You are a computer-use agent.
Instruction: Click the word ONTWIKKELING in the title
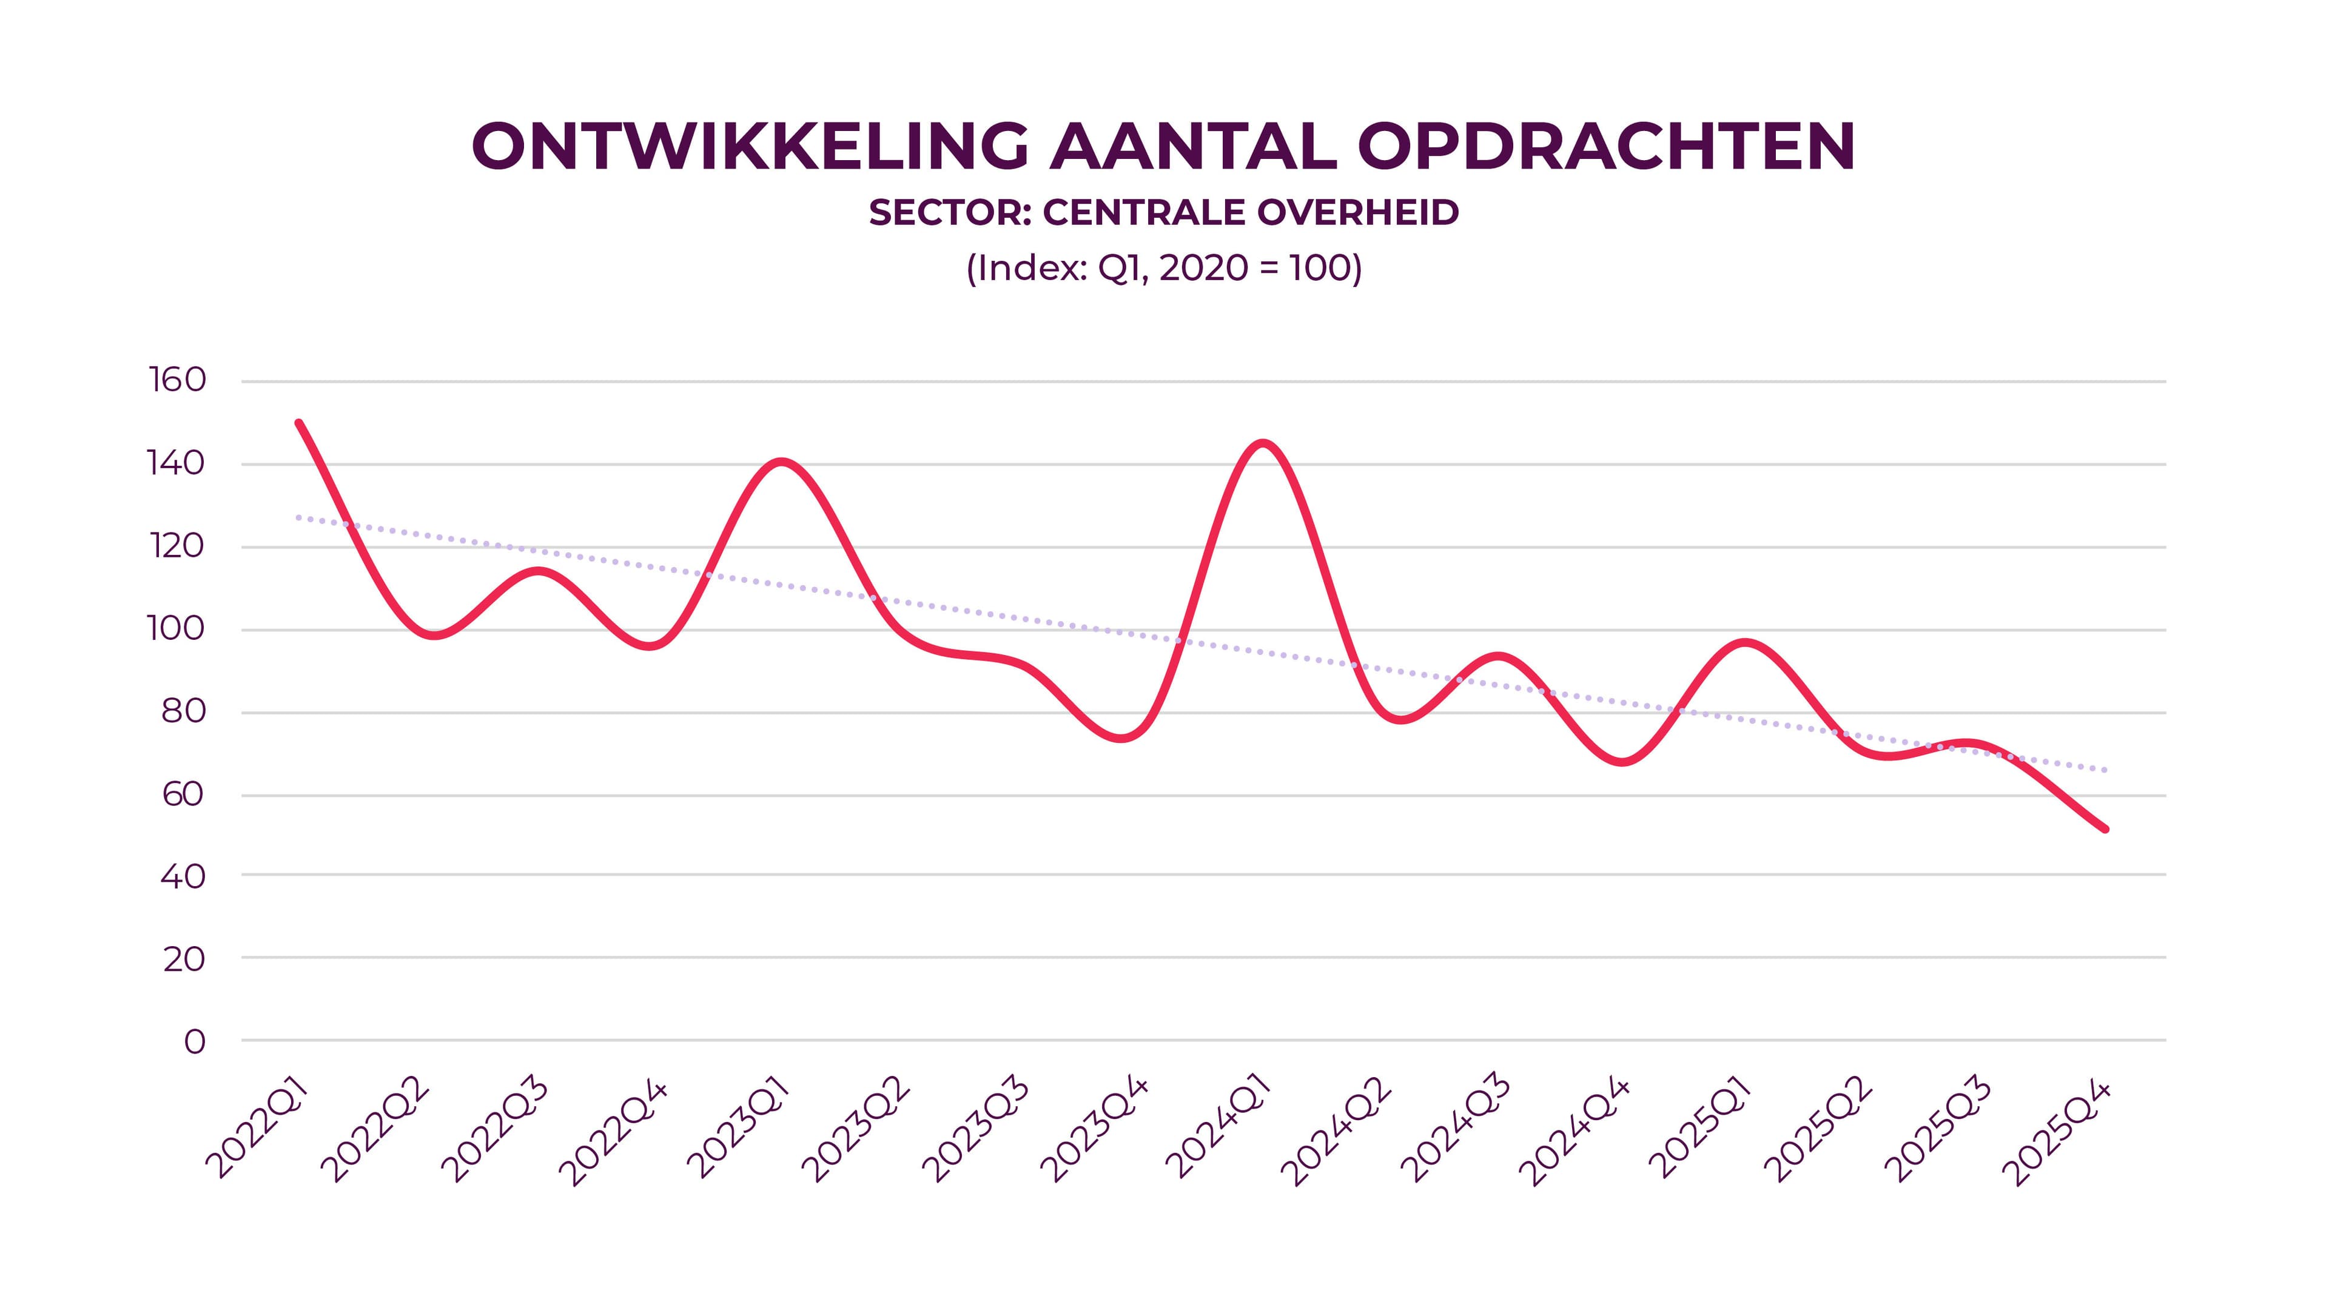(x=750, y=146)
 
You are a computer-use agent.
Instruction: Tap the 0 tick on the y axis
(x=194, y=1041)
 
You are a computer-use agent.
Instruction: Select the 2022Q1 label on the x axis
(x=258, y=1130)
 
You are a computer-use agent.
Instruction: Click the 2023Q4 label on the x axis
(x=1094, y=1130)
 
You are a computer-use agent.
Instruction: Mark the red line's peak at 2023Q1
(x=781, y=462)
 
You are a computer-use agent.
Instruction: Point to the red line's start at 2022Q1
(x=299, y=423)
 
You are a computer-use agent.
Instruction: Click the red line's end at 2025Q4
(x=2106, y=828)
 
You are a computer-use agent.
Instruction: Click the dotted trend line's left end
(x=299, y=518)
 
